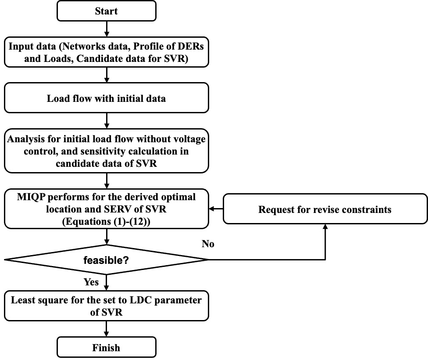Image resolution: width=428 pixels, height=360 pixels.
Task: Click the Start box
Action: coord(107,11)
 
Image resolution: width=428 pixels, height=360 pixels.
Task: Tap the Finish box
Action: coord(107,347)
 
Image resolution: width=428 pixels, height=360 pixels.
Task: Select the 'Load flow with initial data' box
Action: coord(107,98)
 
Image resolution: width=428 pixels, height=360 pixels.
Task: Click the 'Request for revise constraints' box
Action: coord(325,209)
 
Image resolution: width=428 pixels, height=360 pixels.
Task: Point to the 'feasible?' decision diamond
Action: coord(107,259)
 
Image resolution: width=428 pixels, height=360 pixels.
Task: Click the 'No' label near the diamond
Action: coord(208,244)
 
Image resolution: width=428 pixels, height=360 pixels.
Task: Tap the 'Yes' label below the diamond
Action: coord(91,282)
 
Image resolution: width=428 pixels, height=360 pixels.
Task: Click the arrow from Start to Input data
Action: coord(107,29)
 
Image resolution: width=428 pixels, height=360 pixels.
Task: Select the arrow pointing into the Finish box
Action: coord(107,329)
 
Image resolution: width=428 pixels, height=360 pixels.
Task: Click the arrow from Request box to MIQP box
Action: coord(216,209)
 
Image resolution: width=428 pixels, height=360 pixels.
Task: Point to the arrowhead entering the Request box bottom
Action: coord(325,227)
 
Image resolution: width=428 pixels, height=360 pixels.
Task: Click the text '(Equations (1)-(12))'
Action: coord(106,221)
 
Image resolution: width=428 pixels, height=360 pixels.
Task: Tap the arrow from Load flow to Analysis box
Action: coord(107,121)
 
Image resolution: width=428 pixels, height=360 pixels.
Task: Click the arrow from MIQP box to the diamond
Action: coord(107,237)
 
